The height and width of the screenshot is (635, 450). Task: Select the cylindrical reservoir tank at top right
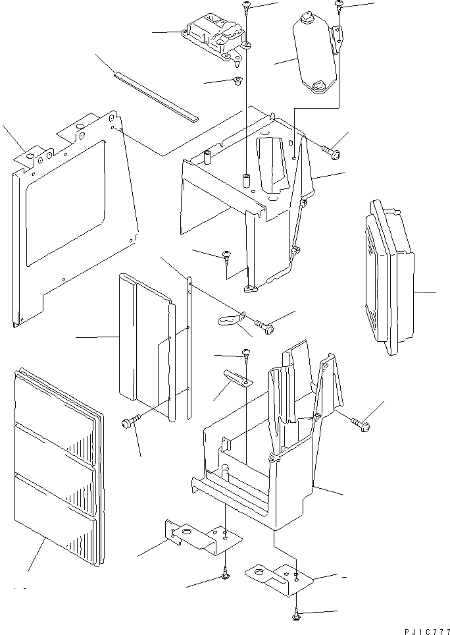click(x=315, y=57)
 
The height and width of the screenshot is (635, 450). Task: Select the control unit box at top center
click(x=216, y=40)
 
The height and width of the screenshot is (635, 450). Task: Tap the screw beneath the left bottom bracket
click(x=225, y=576)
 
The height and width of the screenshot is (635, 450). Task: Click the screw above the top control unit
click(x=247, y=7)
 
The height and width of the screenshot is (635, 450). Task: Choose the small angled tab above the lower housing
click(x=236, y=377)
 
